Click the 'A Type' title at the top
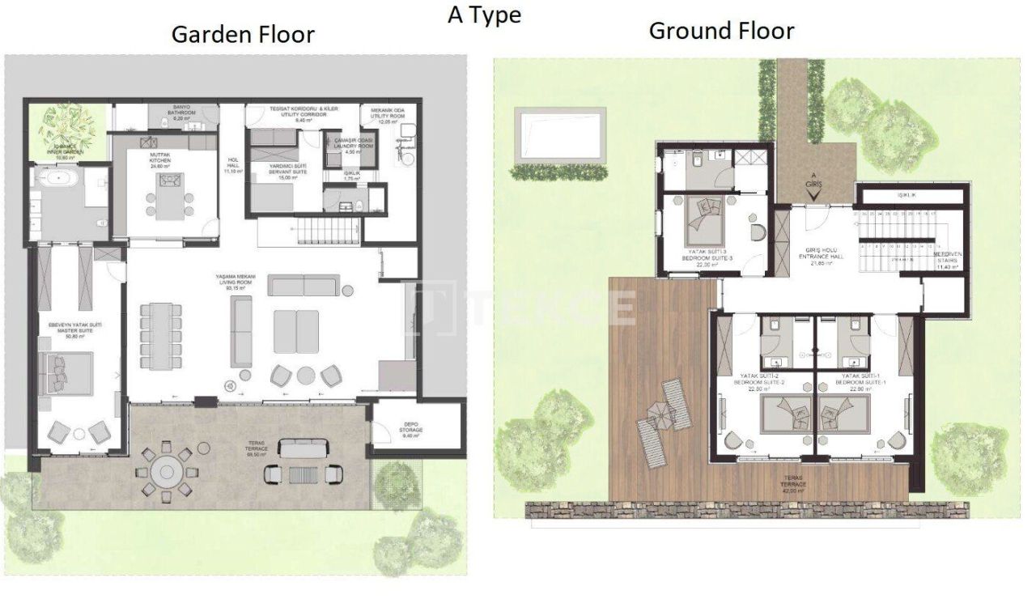point(484,15)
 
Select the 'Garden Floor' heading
point(243,35)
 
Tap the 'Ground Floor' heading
point(721,31)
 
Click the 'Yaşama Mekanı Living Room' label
point(236,283)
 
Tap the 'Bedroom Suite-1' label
point(863,380)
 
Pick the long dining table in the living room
point(156,335)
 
